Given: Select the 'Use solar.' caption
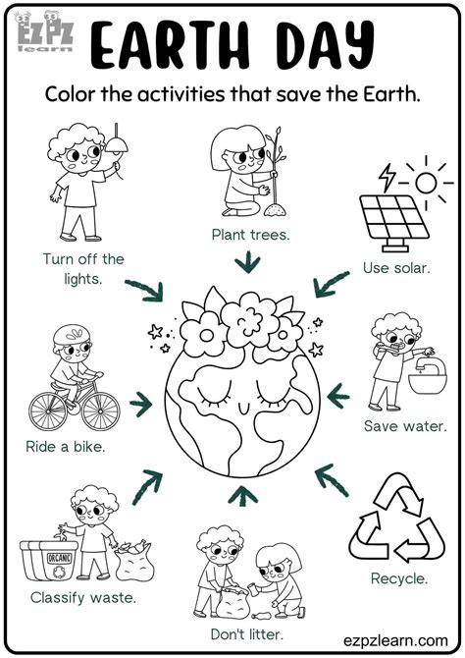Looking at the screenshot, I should pos(395,267).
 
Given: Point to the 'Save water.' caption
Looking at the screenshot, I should pos(405,426).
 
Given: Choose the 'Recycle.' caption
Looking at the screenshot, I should pos(398,578).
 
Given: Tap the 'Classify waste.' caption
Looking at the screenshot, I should pos(82,596).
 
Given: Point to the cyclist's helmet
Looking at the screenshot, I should pos(70,335).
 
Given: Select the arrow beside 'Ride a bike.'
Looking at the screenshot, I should pos(143,402).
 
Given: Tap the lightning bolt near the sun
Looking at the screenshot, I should pos(387,178).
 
